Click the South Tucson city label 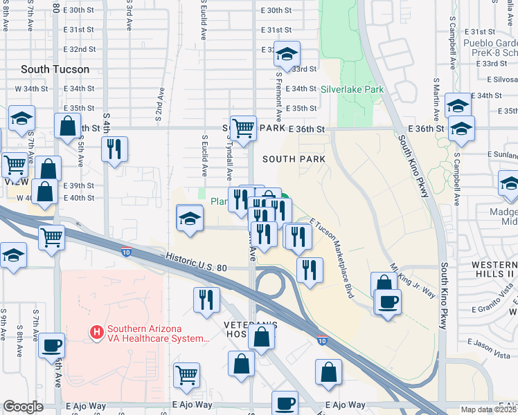tap(55, 69)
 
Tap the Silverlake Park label tap(352, 90)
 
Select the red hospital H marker tap(97, 333)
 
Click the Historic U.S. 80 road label tap(197, 262)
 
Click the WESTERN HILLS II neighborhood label tap(484, 270)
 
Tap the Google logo tap(24, 407)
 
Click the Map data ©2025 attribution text tap(489, 409)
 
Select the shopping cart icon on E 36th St tap(243, 129)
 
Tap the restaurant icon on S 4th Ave tap(114, 149)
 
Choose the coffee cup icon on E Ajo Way tap(285, 403)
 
